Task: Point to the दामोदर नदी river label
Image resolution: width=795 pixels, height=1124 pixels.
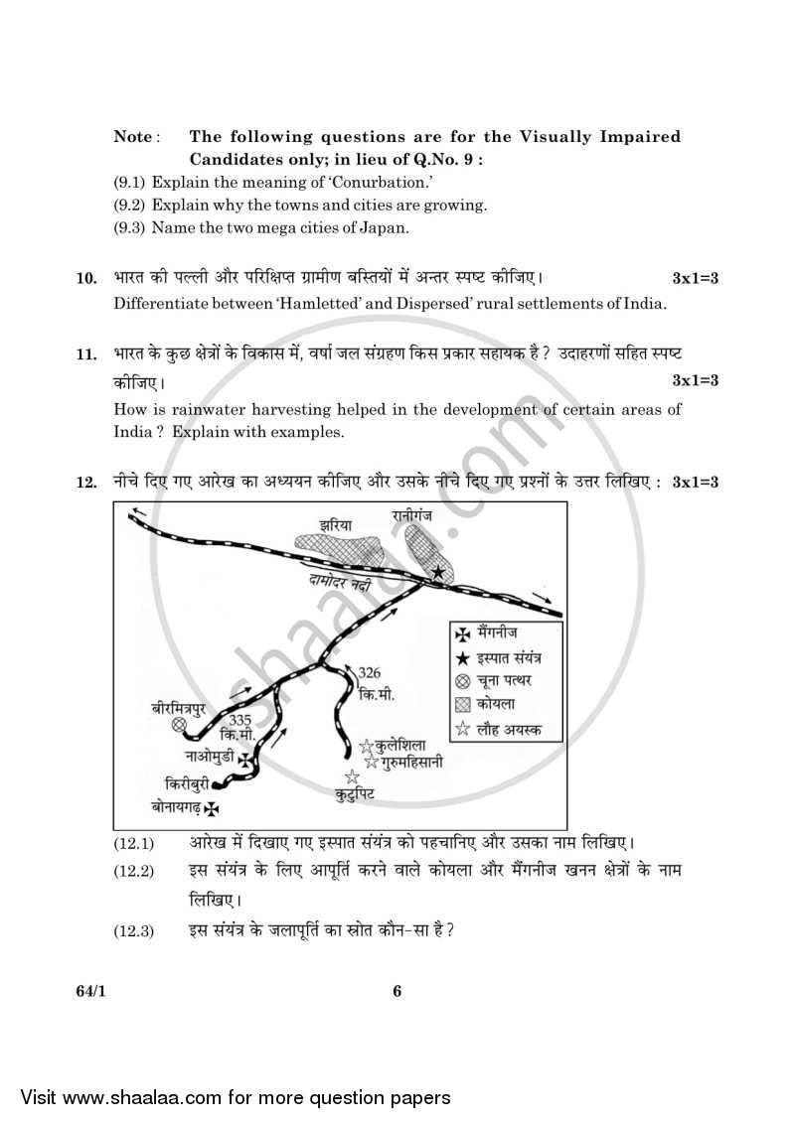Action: coord(340,584)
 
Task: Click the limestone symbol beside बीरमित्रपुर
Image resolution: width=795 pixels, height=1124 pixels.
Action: coord(180,725)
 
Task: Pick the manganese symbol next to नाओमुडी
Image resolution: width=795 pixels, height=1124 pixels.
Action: coord(243,760)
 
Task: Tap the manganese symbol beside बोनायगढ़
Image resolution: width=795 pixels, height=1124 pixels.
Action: coord(211,808)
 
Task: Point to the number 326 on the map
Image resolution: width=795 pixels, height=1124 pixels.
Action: coord(369,673)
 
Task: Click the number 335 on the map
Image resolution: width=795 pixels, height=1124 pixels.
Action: coord(239,720)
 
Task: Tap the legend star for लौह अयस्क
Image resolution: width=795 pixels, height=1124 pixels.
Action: coord(461,729)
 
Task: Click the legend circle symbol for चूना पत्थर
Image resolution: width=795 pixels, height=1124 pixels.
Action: coord(461,680)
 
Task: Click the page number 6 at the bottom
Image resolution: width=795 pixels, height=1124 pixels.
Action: coord(397,990)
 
